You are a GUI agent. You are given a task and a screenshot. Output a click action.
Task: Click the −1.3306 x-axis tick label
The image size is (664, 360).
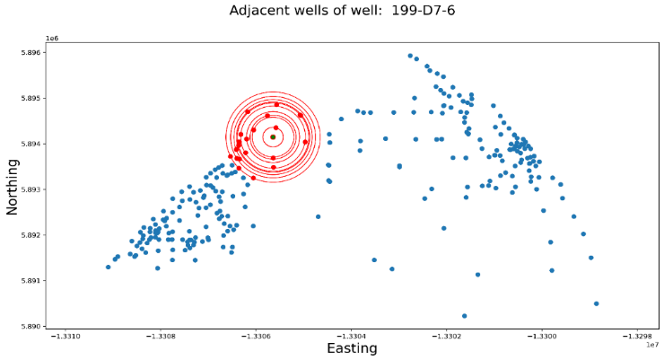[x=257, y=337]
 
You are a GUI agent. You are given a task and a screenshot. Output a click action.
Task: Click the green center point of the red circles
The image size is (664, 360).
[x=273, y=137]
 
